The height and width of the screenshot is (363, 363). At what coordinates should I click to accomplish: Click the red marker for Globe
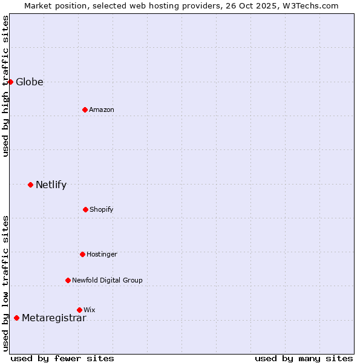[x=10, y=82]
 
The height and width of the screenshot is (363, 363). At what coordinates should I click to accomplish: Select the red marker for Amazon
[x=85, y=110]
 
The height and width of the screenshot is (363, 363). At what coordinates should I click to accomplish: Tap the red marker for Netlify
[x=30, y=185]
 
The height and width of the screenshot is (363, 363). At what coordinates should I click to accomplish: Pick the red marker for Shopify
[x=85, y=209]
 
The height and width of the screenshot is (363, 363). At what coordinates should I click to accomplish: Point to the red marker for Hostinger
[x=82, y=254]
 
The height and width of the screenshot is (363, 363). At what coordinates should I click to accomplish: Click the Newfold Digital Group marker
[x=68, y=280]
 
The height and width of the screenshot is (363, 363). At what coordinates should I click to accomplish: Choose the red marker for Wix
[x=79, y=310]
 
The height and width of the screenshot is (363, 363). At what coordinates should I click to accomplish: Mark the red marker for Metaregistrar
[x=16, y=318]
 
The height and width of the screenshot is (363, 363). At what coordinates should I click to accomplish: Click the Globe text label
[x=30, y=82]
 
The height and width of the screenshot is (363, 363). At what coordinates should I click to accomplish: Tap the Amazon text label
[x=102, y=110]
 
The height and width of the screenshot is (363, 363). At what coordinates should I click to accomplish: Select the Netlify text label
[x=51, y=185]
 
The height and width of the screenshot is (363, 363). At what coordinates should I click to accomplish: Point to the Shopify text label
[x=102, y=210]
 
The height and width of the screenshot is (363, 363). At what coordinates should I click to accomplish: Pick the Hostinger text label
[x=102, y=255]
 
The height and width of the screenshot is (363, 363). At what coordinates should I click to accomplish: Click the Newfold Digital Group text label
[x=107, y=281]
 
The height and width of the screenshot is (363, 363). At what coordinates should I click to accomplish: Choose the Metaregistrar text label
[x=54, y=318]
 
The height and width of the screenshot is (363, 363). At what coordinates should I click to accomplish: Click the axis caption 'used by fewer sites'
[x=62, y=358]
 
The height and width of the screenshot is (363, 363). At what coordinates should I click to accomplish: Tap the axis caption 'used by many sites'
[x=304, y=358]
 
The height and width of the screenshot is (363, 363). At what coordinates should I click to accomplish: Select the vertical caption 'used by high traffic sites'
[x=5, y=86]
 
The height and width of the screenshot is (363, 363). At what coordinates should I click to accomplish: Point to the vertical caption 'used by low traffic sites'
[x=5, y=283]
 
